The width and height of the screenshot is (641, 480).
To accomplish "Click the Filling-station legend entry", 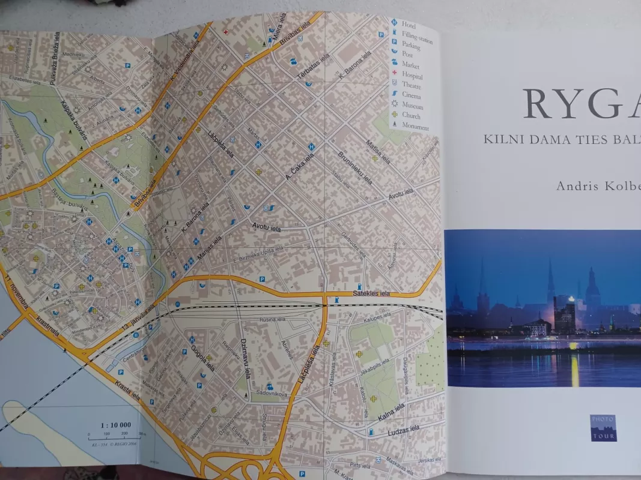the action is pyautogui.click(x=417, y=35).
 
